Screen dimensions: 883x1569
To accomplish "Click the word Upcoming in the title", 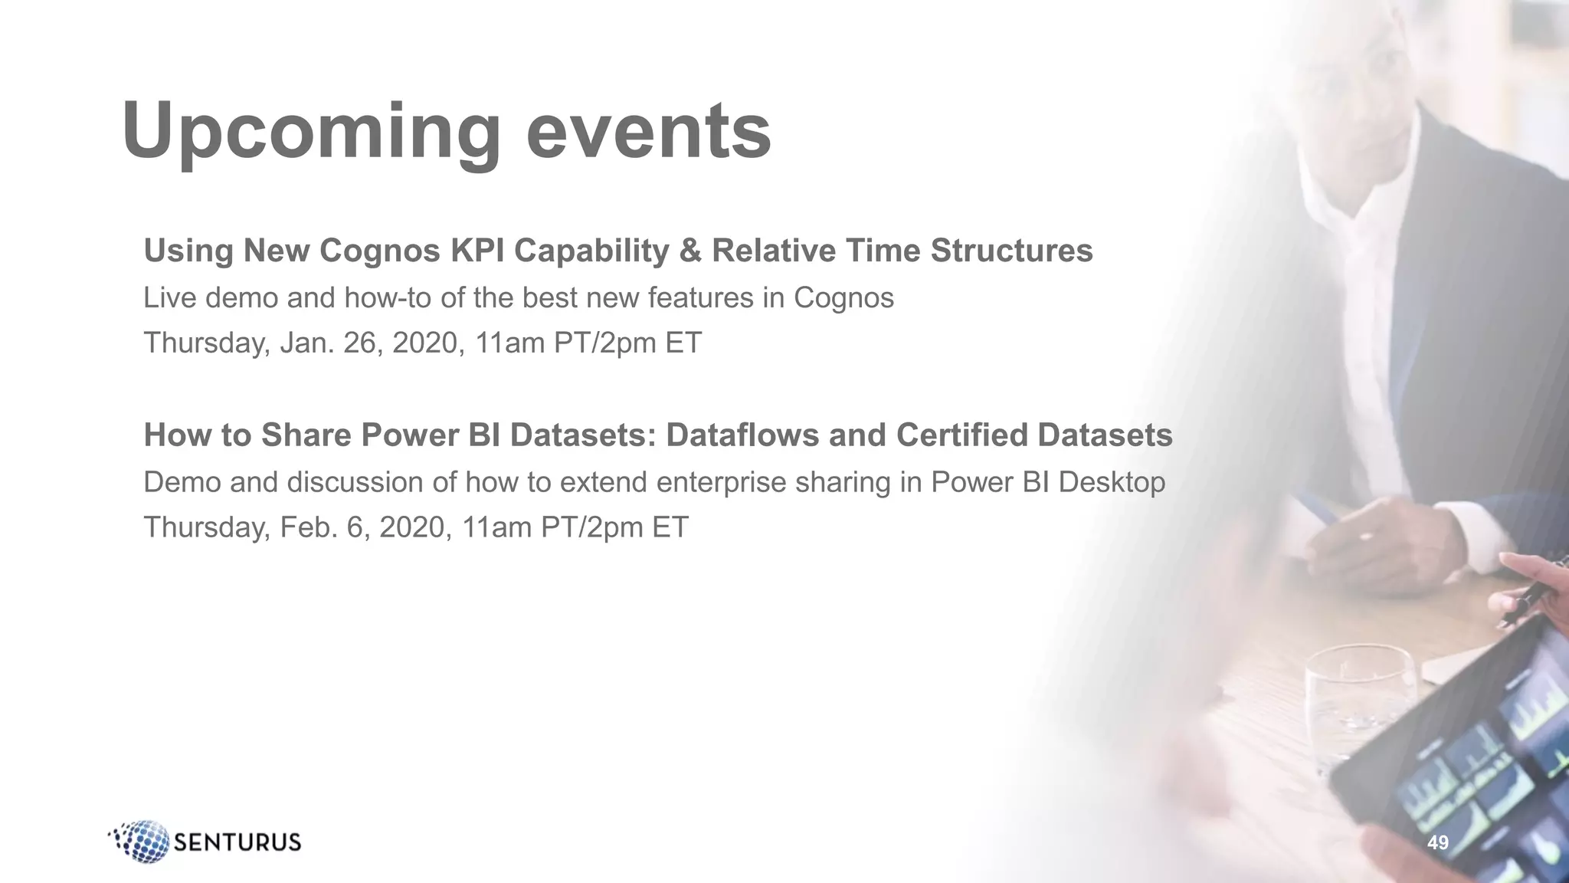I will (x=310, y=132).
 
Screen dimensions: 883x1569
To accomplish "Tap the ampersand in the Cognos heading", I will (x=690, y=251).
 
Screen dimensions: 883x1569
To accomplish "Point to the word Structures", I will (x=1011, y=251).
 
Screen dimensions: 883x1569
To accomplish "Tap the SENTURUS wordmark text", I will (x=237, y=842).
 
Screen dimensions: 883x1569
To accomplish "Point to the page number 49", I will (x=1438, y=842).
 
